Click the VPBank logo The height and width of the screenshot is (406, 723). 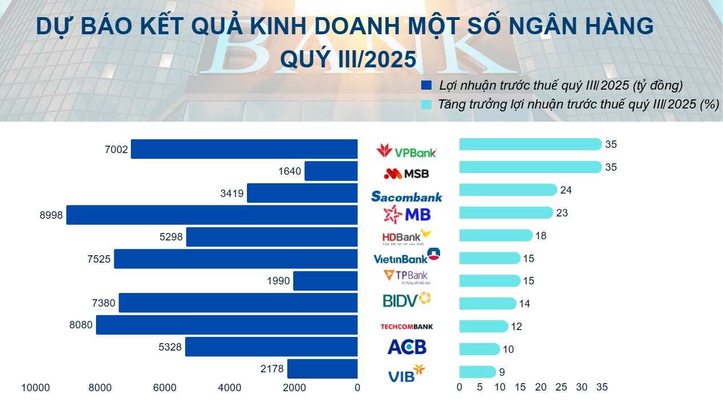406,151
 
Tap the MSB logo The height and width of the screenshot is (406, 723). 406,173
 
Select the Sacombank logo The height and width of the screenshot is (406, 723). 406,196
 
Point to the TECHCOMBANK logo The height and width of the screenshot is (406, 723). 406,327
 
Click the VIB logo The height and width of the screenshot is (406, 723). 406,374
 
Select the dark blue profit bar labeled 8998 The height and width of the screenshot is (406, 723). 211,215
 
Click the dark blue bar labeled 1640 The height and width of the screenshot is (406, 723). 331,171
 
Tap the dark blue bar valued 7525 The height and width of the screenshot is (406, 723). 235,259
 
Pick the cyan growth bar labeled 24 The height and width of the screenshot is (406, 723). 508,190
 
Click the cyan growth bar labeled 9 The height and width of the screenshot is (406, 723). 477,372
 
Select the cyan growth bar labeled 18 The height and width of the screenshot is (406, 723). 496,235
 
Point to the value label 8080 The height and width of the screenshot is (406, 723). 81,325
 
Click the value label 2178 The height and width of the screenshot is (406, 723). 272,369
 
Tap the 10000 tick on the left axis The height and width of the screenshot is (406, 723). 35,388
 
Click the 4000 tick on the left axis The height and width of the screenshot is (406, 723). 230,388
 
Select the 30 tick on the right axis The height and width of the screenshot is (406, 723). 582,387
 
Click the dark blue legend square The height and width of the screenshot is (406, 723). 426,86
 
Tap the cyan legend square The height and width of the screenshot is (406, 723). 426,104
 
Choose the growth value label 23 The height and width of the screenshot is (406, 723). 562,213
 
